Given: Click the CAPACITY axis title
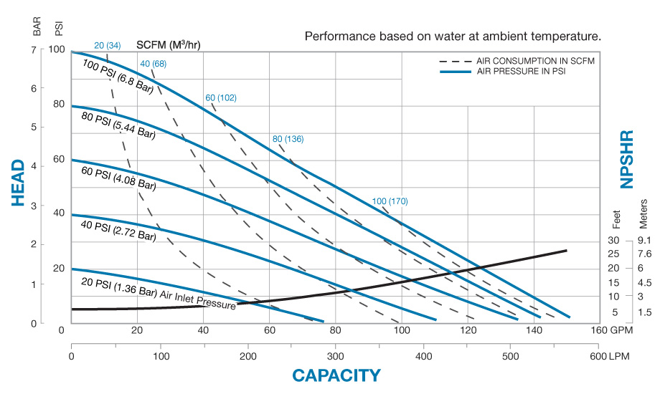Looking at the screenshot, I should [x=336, y=375].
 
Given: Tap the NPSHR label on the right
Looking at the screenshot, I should [x=627, y=159].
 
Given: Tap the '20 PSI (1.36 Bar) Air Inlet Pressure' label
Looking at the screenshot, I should [x=158, y=293].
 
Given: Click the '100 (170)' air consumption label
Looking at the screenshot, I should [x=390, y=201].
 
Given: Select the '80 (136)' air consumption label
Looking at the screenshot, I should [x=288, y=138].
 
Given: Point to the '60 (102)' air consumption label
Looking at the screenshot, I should [x=220, y=97].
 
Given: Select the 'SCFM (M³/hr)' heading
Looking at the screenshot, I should [x=169, y=44].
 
